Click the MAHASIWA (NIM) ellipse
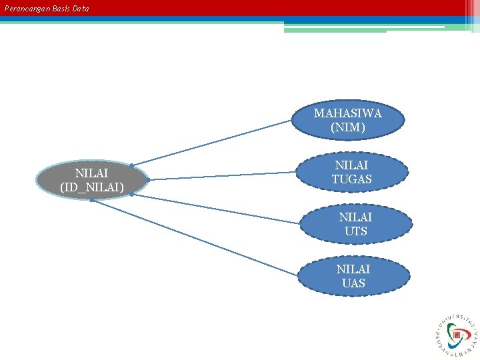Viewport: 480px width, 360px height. (347, 120)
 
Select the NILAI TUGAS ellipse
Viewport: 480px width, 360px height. (351, 172)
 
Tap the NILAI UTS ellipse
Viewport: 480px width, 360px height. (355, 224)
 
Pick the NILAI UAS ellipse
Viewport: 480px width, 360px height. (353, 276)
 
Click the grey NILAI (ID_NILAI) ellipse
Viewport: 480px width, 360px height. (92, 180)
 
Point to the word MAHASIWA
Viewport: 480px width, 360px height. (347, 113)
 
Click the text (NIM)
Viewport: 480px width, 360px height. (347, 127)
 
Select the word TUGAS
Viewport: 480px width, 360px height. (351, 179)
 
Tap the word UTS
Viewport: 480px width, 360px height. (355, 231)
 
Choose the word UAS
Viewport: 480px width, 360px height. (353, 283)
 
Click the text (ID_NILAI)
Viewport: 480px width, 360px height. (92, 188)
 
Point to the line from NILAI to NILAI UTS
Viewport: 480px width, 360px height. (220, 210)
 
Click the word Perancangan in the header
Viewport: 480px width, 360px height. (26, 9)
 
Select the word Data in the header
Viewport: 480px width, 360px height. (81, 9)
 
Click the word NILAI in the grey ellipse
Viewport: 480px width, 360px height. (92, 173)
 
